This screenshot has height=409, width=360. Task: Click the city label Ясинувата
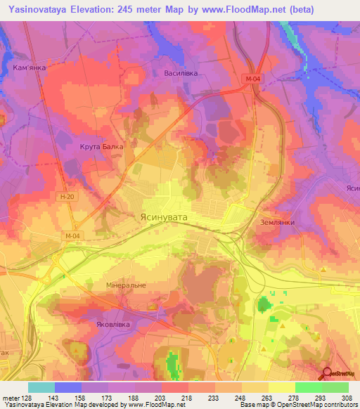pyautogui.click(x=164, y=218)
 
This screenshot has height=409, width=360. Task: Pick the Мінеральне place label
pyautogui.click(x=105, y=286)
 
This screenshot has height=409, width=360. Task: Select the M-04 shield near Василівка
pyautogui.click(x=254, y=78)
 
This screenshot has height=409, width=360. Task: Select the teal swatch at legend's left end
pyautogui.click(x=41, y=387)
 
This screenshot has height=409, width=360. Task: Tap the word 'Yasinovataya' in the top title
pyautogui.click(x=34, y=9)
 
